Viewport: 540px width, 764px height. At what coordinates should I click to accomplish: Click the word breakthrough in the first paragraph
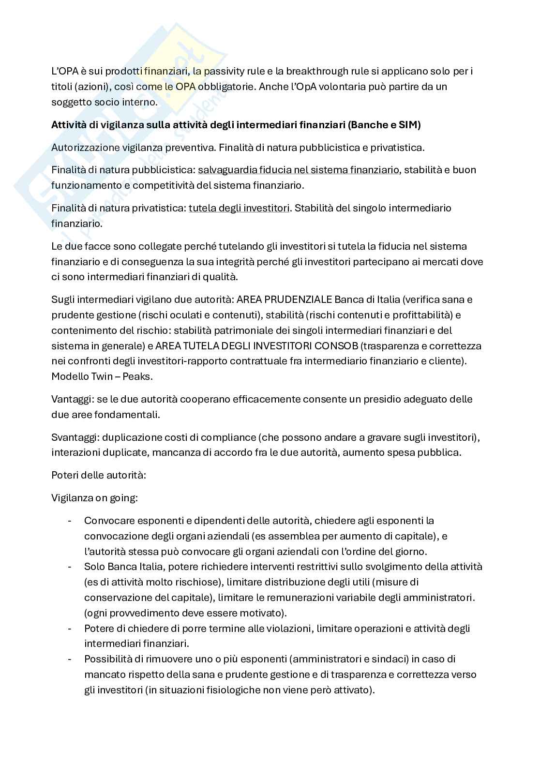(315, 71)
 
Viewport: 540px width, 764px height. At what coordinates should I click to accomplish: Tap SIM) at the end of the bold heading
(409, 125)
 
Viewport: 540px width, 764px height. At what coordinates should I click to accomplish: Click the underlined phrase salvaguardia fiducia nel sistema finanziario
(299, 170)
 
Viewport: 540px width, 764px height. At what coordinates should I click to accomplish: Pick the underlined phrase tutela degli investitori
(239, 208)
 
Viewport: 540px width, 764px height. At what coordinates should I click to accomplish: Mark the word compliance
(233, 437)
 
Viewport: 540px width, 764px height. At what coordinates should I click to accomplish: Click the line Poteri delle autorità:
(99, 475)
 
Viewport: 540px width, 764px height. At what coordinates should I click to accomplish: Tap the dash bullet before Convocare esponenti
(70, 521)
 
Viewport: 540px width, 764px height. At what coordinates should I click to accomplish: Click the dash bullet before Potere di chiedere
(70, 629)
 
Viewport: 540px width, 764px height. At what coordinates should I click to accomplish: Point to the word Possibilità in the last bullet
(107, 659)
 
